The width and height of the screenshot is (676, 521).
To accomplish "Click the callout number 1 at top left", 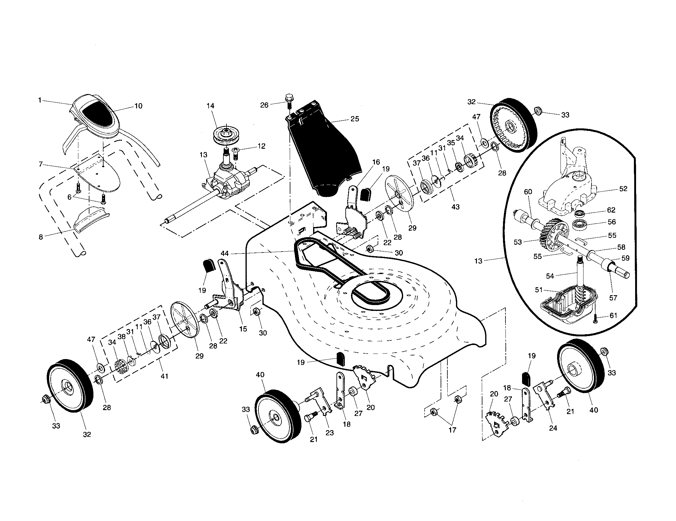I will (40, 100).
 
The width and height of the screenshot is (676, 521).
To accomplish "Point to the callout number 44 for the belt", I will (224, 253).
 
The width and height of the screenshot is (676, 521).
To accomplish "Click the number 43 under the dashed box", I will (455, 207).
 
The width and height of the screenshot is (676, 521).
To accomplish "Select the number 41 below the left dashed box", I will (164, 376).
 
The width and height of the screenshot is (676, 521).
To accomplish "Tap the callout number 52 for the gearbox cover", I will (623, 188).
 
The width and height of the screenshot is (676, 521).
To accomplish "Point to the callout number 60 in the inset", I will (528, 191).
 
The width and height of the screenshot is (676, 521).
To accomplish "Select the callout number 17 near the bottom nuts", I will (452, 430).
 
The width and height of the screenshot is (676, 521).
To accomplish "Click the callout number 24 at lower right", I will (553, 428).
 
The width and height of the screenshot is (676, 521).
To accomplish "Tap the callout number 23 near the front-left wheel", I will (330, 433).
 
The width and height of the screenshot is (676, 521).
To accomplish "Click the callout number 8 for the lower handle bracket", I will (41, 237).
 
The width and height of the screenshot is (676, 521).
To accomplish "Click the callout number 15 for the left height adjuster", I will (243, 329).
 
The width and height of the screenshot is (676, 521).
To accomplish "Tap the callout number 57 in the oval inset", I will (613, 298).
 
